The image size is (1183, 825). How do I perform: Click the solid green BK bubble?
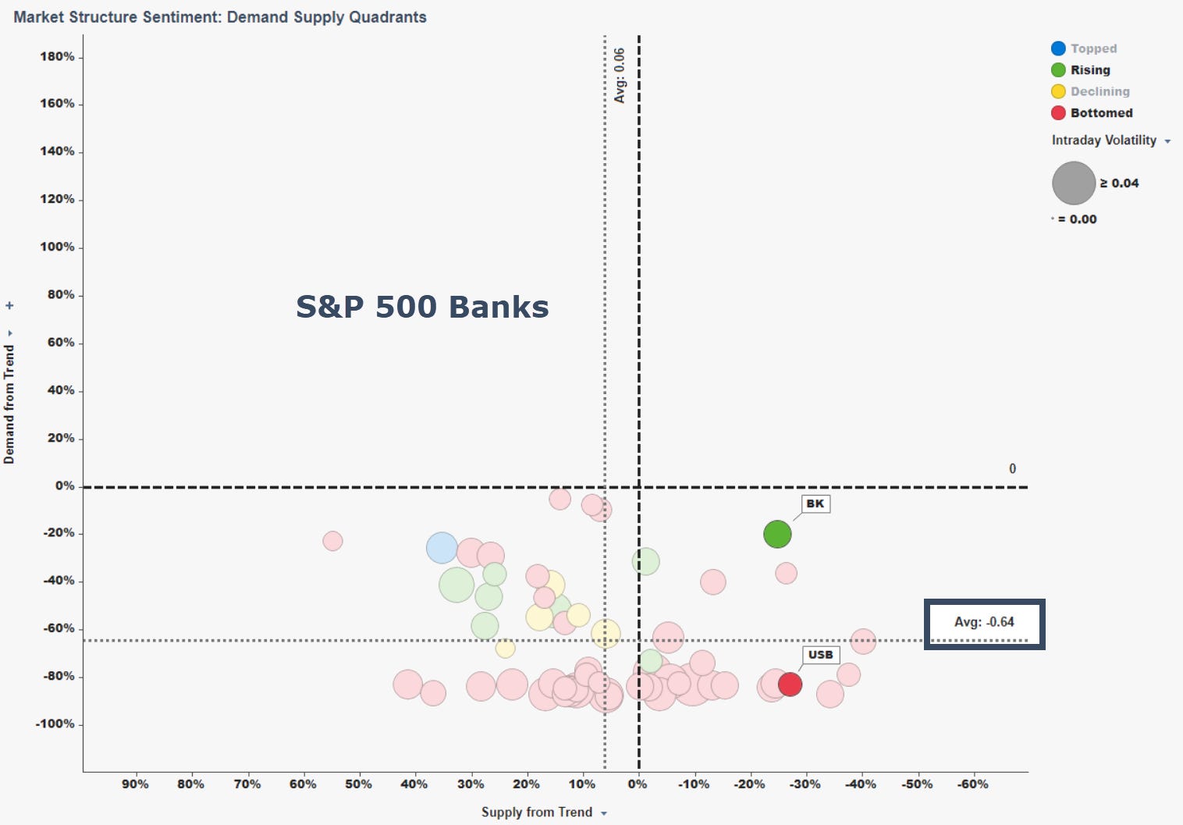[x=777, y=534]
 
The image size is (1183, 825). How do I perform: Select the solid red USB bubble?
[x=790, y=684]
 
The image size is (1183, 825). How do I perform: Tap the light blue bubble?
[x=442, y=548]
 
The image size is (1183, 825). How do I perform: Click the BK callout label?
[x=815, y=503]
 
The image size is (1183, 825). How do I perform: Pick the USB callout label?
[x=820, y=654]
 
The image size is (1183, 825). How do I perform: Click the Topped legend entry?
[x=1092, y=48]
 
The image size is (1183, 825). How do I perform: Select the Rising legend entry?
[x=1089, y=70]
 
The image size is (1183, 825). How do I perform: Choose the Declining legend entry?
[x=1099, y=91]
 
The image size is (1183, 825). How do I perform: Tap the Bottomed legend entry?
[x=1100, y=113]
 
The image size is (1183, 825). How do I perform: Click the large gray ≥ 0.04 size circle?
[x=1074, y=183]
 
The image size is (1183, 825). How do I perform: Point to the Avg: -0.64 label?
[x=984, y=622]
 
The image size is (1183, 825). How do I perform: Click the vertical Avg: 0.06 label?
[x=620, y=76]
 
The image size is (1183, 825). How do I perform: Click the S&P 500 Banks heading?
[x=422, y=307]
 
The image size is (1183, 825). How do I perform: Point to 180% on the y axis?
[x=58, y=57]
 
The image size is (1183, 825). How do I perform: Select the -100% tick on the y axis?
[x=55, y=724]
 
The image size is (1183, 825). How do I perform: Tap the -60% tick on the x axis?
[x=972, y=784]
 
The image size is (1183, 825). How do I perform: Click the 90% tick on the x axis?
[x=135, y=784]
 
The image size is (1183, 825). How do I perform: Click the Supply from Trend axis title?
[x=537, y=812]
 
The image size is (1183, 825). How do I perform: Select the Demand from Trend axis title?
[x=9, y=404]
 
